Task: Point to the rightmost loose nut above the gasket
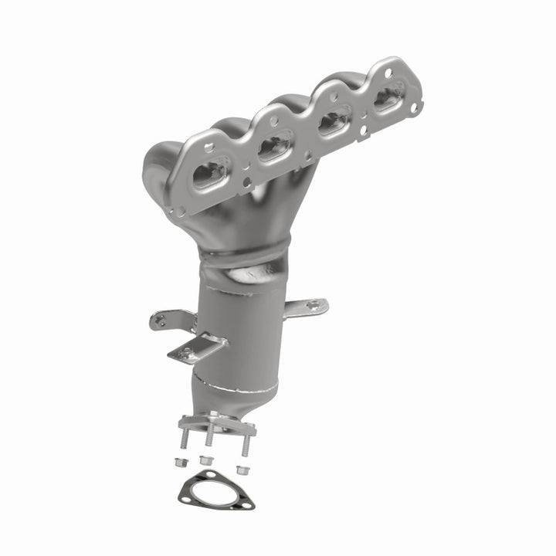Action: (x=241, y=467)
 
